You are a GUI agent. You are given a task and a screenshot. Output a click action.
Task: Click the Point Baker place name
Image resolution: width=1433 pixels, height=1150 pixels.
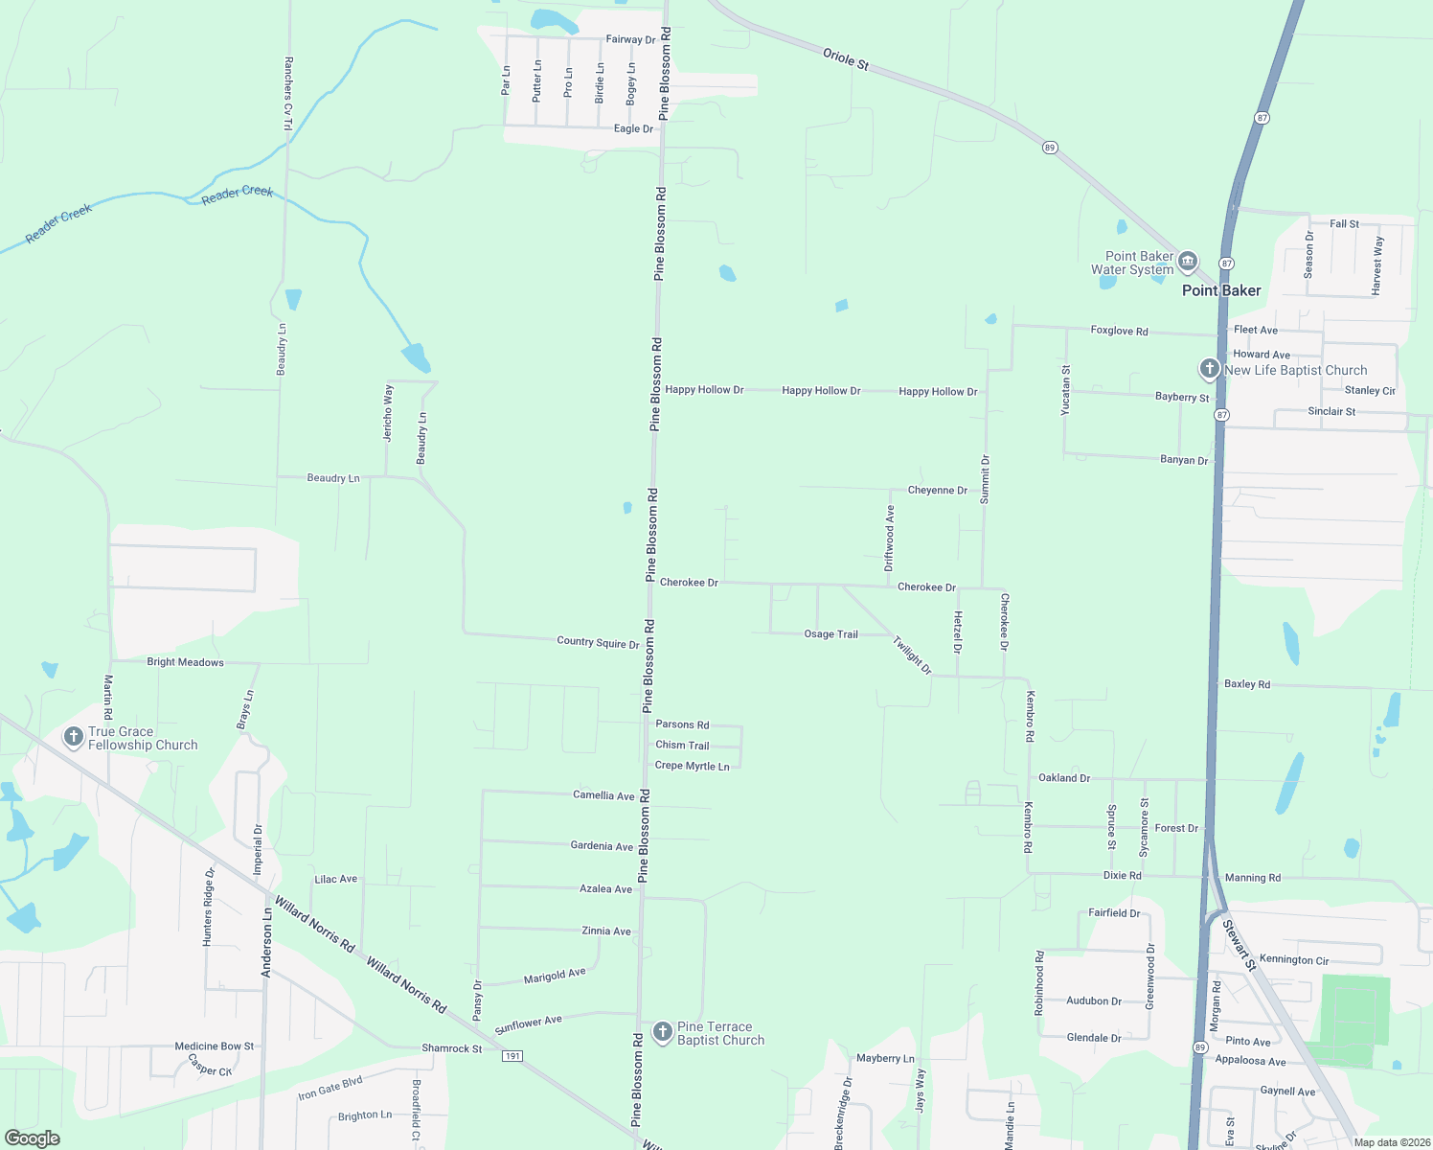[1221, 290]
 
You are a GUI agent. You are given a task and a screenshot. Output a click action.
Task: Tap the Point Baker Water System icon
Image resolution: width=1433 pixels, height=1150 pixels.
[1188, 261]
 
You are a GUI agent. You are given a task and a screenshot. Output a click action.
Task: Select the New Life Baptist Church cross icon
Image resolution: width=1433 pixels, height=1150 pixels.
[1210, 369]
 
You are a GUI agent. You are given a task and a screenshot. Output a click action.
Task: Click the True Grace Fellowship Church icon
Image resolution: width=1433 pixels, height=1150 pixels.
[73, 737]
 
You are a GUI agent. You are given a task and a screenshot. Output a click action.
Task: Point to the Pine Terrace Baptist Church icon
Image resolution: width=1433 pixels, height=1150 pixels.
[662, 1032]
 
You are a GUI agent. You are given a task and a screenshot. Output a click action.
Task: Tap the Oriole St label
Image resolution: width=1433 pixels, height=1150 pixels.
[846, 58]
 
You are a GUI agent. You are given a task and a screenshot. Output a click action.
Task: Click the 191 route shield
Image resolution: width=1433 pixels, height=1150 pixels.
[512, 1055]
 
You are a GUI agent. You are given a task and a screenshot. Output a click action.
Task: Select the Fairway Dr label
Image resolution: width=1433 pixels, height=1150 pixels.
[630, 39]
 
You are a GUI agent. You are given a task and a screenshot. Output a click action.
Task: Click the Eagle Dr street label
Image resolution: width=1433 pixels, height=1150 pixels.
[633, 128]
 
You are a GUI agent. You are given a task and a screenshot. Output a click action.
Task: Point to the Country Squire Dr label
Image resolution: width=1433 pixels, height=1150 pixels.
[598, 642]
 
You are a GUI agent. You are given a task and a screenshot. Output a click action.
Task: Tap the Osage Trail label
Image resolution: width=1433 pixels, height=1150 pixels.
[830, 634]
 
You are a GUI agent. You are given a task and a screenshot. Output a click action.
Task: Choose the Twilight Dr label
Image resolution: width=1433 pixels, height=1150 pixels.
[912, 655]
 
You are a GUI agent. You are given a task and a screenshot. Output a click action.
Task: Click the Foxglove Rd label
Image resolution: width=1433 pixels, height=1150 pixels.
[1119, 331]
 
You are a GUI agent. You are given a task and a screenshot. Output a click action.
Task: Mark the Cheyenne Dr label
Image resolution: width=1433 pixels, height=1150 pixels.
[937, 490]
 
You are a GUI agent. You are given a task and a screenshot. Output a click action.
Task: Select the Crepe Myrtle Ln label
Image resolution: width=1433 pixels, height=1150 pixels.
[692, 766]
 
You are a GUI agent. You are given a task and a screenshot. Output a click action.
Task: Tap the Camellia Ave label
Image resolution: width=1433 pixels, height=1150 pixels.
[603, 795]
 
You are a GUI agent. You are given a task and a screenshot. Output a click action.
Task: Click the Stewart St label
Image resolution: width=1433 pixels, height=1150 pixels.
[1239, 945]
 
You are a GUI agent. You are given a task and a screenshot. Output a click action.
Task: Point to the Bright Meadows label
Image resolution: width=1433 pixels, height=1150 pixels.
[185, 662]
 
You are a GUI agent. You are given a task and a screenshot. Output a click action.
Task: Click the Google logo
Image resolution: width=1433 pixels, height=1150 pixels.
[32, 1138]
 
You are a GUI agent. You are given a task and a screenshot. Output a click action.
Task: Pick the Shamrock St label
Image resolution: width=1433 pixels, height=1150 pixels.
[452, 1048]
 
